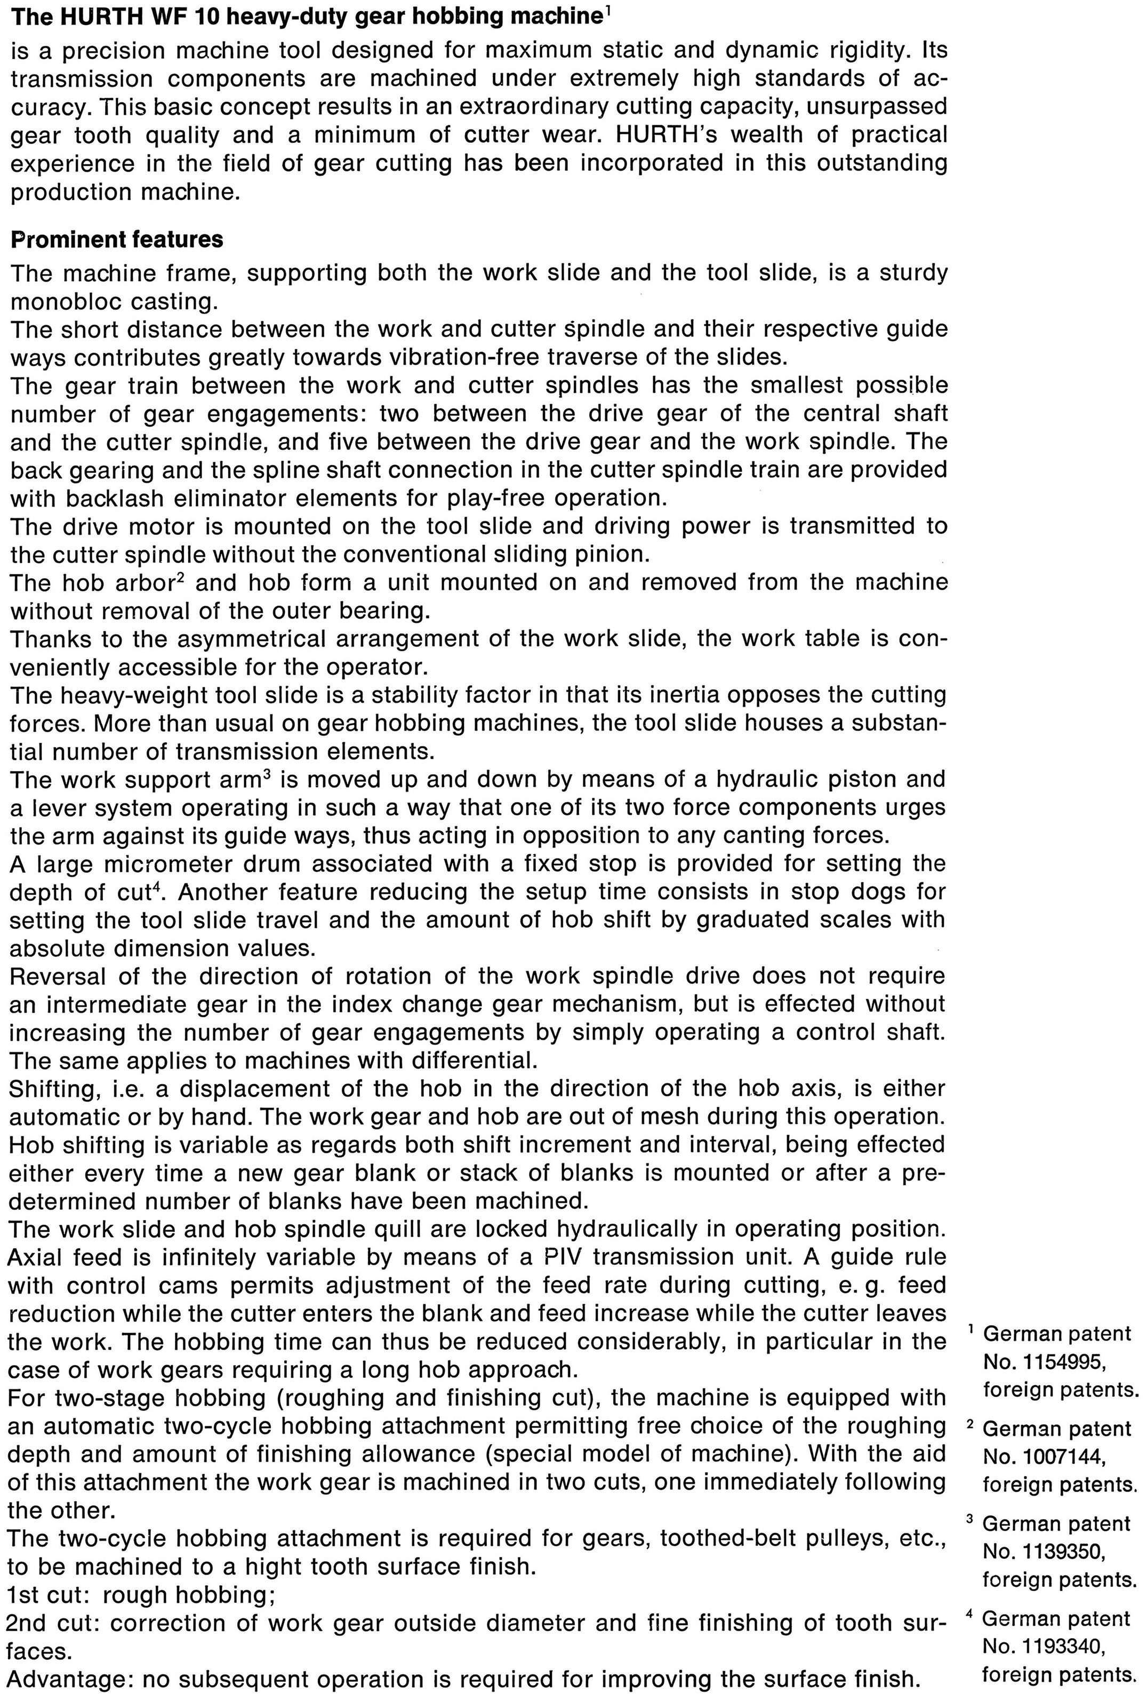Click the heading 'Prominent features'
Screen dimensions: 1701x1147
[117, 240]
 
